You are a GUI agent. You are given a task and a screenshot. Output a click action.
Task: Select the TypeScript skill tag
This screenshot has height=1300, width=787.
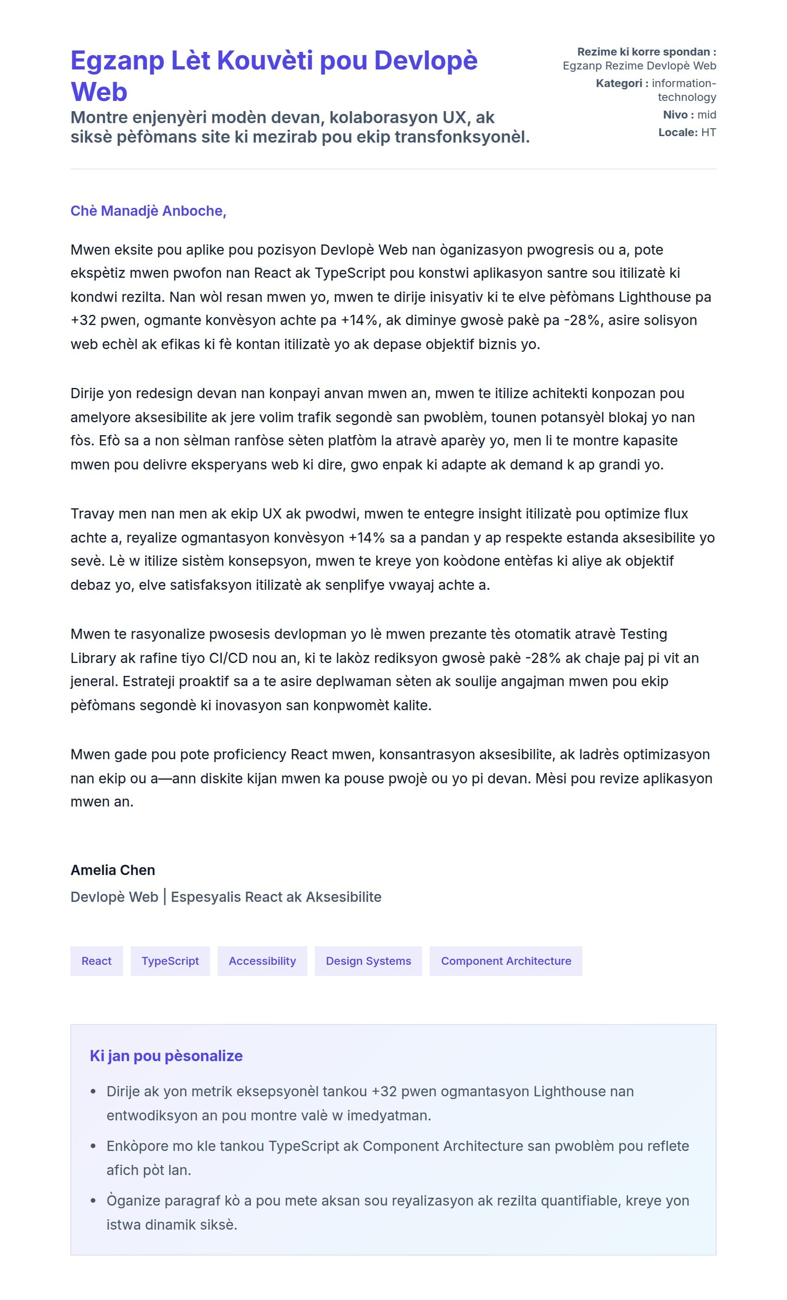click(170, 961)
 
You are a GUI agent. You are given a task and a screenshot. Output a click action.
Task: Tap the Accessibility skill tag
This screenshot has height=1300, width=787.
click(262, 961)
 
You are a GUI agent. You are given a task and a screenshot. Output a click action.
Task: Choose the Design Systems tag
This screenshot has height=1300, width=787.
click(368, 961)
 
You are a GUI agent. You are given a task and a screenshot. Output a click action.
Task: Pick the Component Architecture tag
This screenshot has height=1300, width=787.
click(506, 961)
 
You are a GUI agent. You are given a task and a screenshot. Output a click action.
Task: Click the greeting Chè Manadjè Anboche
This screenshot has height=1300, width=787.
click(148, 211)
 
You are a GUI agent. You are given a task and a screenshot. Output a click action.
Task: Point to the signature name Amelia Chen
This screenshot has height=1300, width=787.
click(113, 870)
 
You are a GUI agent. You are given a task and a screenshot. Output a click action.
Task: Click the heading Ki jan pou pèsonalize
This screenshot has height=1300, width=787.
click(166, 1056)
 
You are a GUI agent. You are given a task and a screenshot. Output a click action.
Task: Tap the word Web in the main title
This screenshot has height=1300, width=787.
click(99, 92)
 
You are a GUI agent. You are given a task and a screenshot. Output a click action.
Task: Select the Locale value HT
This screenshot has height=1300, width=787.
click(708, 132)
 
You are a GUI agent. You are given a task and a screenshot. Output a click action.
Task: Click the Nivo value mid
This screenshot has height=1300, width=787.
click(706, 114)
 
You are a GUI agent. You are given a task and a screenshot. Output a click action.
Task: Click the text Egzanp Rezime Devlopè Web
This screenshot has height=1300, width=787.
click(639, 66)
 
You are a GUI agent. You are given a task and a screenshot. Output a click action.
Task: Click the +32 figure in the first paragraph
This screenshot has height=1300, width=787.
click(83, 320)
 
